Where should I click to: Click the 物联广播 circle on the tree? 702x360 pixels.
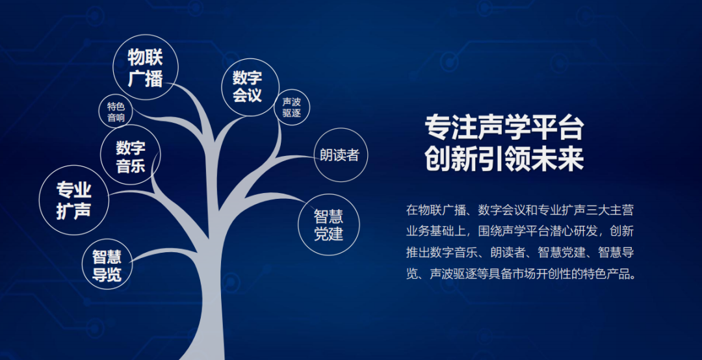click(145, 67)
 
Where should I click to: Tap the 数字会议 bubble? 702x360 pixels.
click(250, 87)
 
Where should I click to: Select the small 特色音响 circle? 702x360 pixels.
click(116, 112)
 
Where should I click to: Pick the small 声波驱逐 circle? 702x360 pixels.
click(291, 107)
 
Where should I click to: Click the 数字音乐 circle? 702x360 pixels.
click(130, 155)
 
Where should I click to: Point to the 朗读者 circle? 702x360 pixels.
click(341, 155)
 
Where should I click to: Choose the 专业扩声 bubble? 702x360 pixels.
click(74, 199)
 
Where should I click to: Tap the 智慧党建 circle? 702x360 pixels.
click(329, 224)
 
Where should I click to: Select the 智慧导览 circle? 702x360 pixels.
click(107, 264)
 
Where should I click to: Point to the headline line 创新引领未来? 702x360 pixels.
click(504, 159)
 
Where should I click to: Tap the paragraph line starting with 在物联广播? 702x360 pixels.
click(519, 210)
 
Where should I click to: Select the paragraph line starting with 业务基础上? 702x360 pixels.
click(519, 231)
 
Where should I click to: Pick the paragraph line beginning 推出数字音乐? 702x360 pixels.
click(519, 253)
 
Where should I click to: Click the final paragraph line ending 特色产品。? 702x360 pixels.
click(521, 274)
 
